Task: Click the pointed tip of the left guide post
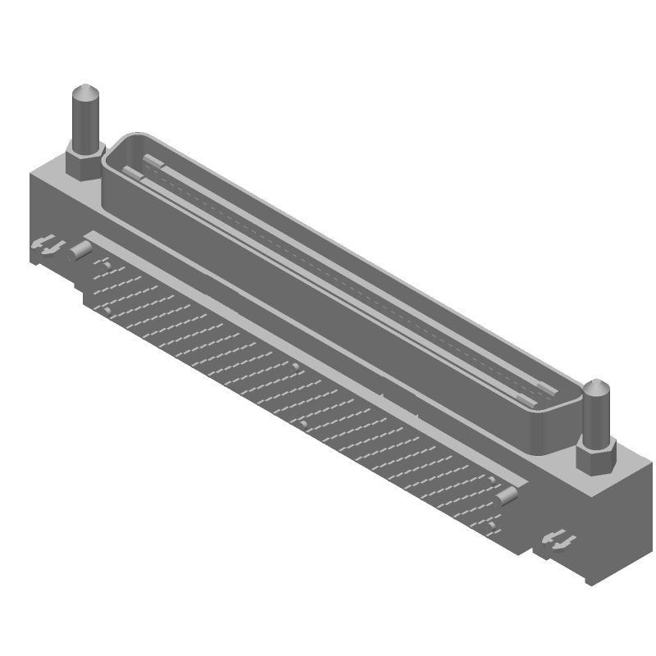86,91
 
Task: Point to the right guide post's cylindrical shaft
596,418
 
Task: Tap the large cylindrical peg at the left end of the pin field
80,249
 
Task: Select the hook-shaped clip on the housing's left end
46,245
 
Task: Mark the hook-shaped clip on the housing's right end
560,540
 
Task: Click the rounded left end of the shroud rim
111,156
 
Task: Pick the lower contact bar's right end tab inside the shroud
526,401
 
